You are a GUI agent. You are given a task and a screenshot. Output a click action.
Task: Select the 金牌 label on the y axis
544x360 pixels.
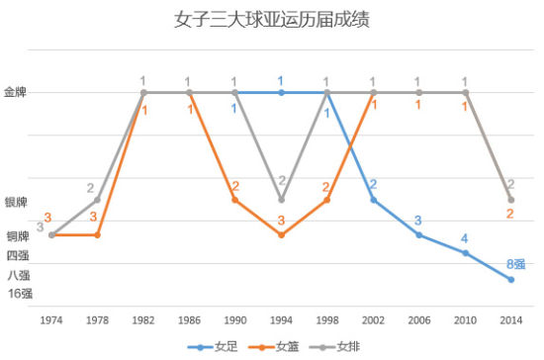17,92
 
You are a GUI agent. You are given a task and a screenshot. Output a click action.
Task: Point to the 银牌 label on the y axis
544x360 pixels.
17,202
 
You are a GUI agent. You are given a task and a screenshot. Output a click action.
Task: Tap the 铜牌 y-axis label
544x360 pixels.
19,236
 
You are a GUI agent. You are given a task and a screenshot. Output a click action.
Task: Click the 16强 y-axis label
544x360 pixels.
20,293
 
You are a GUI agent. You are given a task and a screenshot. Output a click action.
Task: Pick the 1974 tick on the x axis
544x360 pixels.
50,319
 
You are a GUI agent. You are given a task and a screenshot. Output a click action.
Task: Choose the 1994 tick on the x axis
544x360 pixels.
281,319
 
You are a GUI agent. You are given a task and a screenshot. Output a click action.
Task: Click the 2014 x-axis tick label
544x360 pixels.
510,319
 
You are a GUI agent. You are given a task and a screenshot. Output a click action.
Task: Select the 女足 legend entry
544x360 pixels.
220,347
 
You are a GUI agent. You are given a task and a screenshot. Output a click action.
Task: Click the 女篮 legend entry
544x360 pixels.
280,347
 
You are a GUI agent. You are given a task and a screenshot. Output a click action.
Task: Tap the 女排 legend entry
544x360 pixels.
341,347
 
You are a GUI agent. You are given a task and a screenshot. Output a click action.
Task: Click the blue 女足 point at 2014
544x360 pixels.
510,280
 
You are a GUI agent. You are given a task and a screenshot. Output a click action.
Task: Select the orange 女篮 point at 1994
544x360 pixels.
281,235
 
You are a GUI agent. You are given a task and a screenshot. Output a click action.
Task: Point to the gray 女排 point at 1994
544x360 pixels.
281,200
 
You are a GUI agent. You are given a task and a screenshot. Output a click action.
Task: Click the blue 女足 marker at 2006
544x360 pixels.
418,235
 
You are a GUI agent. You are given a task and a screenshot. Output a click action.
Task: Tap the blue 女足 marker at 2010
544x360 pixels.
465,253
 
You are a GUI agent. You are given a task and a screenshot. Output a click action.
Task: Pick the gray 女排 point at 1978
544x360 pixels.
97,200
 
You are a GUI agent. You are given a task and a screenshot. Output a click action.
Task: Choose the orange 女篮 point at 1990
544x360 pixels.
235,200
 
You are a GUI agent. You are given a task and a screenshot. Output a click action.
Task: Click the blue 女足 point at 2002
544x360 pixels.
373,200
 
